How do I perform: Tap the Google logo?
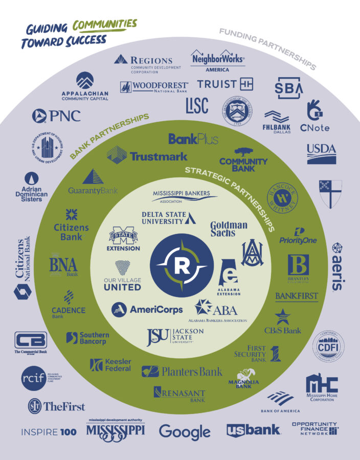coord(185,432)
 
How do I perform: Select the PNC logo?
coord(56,116)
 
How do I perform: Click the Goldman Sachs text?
coord(229,228)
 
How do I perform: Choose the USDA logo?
coord(321,153)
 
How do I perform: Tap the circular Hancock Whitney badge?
coord(282,197)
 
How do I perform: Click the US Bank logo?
coord(254,430)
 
